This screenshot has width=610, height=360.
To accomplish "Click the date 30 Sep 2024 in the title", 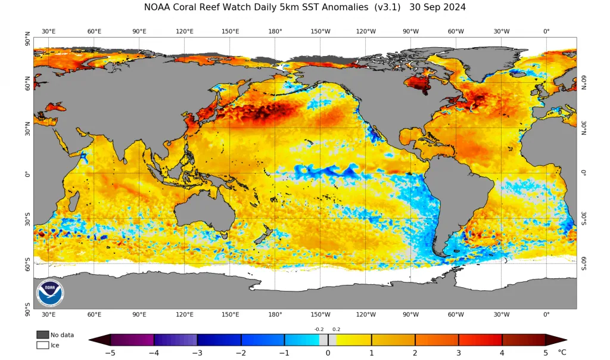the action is pyautogui.click(x=437, y=7).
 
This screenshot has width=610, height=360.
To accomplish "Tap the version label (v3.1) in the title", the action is pyautogui.click(x=387, y=7).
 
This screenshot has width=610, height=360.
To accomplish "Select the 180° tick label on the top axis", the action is pyautogui.click(x=275, y=31).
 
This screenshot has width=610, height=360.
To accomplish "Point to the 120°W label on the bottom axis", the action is pyautogui.click(x=366, y=315).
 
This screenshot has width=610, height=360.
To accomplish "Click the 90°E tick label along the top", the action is pyautogui.click(x=139, y=31).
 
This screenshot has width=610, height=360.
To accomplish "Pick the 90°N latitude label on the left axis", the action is pyautogui.click(x=27, y=39).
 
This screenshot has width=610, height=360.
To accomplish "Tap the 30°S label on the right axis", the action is pyautogui.click(x=584, y=218).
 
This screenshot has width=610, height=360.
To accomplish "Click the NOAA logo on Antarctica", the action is pyautogui.click(x=50, y=293).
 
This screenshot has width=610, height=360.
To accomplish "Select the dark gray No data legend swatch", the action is pyautogui.click(x=43, y=335).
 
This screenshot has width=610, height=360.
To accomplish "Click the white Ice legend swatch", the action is pyautogui.click(x=43, y=345).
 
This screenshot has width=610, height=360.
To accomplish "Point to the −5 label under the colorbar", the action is pyautogui.click(x=110, y=353).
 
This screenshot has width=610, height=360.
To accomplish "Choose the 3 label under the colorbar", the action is pyautogui.click(x=459, y=353).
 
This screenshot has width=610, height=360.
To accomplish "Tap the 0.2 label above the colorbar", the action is pyautogui.click(x=336, y=329).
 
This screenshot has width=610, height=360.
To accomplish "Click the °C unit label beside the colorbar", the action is pyautogui.click(x=562, y=352).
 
